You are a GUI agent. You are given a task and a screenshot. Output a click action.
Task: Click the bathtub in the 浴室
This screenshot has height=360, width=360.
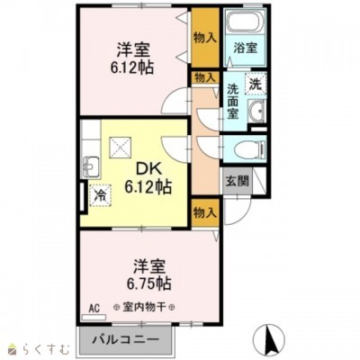[x=245, y=22]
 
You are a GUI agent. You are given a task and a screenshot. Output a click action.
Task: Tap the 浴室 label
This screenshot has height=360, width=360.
[x=246, y=49]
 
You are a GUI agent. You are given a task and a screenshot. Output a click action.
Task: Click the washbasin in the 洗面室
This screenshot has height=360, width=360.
[x=256, y=111]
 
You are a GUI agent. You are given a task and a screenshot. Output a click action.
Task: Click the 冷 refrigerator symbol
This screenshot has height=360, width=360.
[x=100, y=195]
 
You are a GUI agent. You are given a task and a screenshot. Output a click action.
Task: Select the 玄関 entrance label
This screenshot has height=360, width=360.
[x=238, y=181]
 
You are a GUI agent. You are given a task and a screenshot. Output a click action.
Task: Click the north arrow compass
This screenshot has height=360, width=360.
[x=269, y=339]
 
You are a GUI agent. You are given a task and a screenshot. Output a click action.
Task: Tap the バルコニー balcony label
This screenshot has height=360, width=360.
[x=125, y=340]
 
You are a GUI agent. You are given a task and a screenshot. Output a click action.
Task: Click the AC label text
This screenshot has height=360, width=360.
[x=94, y=309]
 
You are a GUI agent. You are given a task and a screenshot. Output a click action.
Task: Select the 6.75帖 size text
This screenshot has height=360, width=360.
[x=148, y=283]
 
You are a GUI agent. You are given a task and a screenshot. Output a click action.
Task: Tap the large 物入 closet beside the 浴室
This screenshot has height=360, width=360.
[x=205, y=38]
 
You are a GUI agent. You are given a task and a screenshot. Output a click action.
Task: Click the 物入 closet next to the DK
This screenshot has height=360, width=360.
[x=205, y=212]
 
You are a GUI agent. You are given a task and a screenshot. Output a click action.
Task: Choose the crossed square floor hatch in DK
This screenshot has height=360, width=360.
[x=121, y=148]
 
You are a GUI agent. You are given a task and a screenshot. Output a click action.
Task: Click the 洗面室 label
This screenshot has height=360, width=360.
[x=232, y=101]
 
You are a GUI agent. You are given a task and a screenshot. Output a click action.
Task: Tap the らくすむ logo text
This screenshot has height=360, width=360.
[x=47, y=349]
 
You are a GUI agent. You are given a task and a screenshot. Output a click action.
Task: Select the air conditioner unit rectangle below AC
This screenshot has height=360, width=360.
[x=94, y=317]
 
